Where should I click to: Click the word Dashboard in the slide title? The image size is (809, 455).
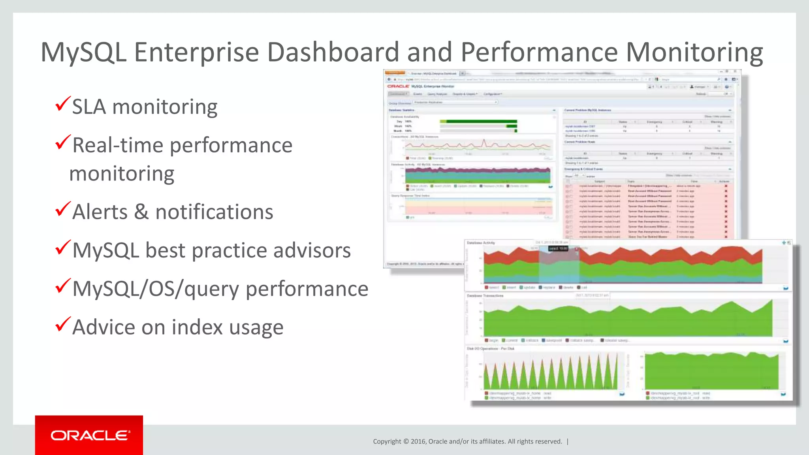coord(333,52)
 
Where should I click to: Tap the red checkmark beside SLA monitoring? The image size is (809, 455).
coord(63,104)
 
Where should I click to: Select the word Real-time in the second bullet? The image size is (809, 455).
coord(118,145)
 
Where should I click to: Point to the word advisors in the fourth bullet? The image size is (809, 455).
coord(312,250)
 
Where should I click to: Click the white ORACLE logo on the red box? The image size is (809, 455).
coord(89,435)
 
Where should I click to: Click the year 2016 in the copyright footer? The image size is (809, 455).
coord(418,442)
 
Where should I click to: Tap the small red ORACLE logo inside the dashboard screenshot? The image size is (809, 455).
coord(398,86)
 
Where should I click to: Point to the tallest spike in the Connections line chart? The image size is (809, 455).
coord(484,141)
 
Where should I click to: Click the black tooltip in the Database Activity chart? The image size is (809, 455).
coord(558,248)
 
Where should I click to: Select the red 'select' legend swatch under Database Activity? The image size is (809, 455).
coord(487,288)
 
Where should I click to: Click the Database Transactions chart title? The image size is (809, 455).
coord(485,296)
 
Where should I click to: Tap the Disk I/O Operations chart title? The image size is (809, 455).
coord(491,349)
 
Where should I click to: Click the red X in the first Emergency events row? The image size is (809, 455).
coord(726,186)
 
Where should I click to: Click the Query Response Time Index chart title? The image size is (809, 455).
coord(410,196)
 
